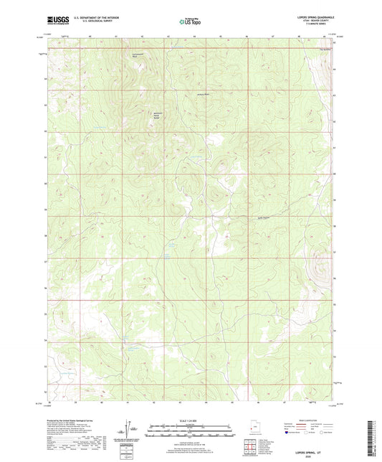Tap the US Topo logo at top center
pos(191,22)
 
